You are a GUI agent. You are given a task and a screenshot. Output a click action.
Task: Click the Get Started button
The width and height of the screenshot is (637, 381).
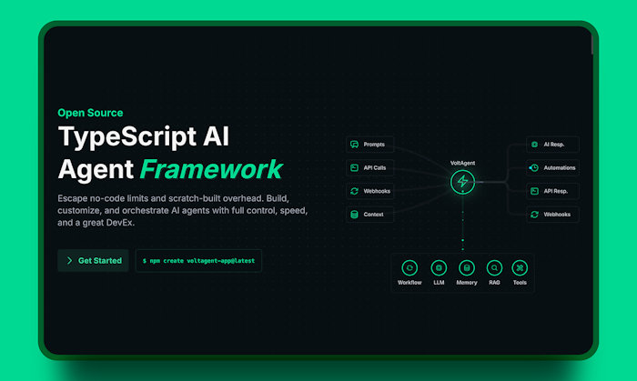pyautogui.click(x=93, y=260)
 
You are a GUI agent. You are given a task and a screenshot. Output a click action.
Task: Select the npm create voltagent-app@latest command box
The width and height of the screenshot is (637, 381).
pyautogui.click(x=198, y=260)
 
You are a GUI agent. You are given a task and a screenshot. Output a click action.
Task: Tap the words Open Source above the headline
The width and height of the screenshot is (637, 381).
pyautogui.click(x=90, y=113)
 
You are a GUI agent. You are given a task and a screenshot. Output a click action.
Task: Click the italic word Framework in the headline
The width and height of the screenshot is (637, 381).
pyautogui.click(x=211, y=169)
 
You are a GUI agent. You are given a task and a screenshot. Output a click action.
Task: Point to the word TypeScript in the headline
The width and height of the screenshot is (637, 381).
pyautogui.click(x=127, y=136)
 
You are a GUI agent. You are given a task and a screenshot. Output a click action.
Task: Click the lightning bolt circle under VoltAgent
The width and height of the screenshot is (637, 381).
pyautogui.click(x=462, y=181)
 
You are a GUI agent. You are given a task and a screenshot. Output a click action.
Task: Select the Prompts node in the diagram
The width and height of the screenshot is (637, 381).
pyautogui.click(x=369, y=145)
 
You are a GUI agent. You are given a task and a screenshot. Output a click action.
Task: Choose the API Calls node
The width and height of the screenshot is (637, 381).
pyautogui.click(x=369, y=167)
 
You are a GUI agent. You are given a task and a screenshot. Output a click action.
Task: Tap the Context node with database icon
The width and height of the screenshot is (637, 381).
pyautogui.click(x=369, y=215)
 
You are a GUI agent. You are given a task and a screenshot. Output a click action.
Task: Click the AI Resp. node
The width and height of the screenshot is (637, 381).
pyautogui.click(x=552, y=145)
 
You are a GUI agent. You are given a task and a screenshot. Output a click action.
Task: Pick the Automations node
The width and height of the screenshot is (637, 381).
pyautogui.click(x=552, y=167)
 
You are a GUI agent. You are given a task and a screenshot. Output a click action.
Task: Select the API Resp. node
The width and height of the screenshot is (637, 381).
pyautogui.click(x=552, y=191)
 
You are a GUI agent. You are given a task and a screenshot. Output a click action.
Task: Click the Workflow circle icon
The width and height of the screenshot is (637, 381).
pyautogui.click(x=409, y=268)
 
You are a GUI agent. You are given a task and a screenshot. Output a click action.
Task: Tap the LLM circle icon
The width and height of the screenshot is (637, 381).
pyautogui.click(x=439, y=268)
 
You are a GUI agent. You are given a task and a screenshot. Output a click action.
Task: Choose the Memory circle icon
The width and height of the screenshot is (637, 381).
pyautogui.click(x=466, y=268)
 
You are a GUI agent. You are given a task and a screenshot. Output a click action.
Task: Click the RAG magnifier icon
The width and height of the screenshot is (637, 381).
pyautogui.click(x=494, y=268)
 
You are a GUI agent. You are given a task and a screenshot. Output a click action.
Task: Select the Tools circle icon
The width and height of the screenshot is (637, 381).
pyautogui.click(x=520, y=268)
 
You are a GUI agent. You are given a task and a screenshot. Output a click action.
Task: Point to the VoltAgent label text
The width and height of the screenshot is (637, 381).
pyautogui.click(x=462, y=163)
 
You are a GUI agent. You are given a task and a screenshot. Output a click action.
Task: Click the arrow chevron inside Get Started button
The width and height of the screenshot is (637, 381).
pyautogui.click(x=69, y=260)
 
